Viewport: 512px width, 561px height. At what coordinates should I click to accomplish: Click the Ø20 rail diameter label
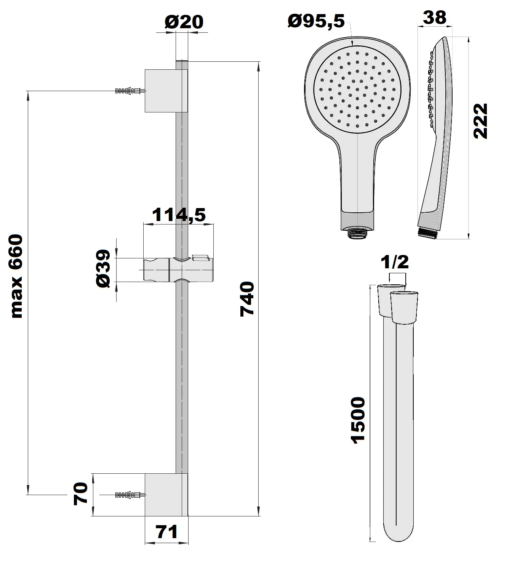184,22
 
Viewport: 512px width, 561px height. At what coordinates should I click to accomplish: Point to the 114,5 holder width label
179,215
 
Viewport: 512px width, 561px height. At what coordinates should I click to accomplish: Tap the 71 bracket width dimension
166,532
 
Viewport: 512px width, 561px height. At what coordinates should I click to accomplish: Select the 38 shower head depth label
434,18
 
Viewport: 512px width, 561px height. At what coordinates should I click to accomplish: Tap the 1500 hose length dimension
358,419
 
